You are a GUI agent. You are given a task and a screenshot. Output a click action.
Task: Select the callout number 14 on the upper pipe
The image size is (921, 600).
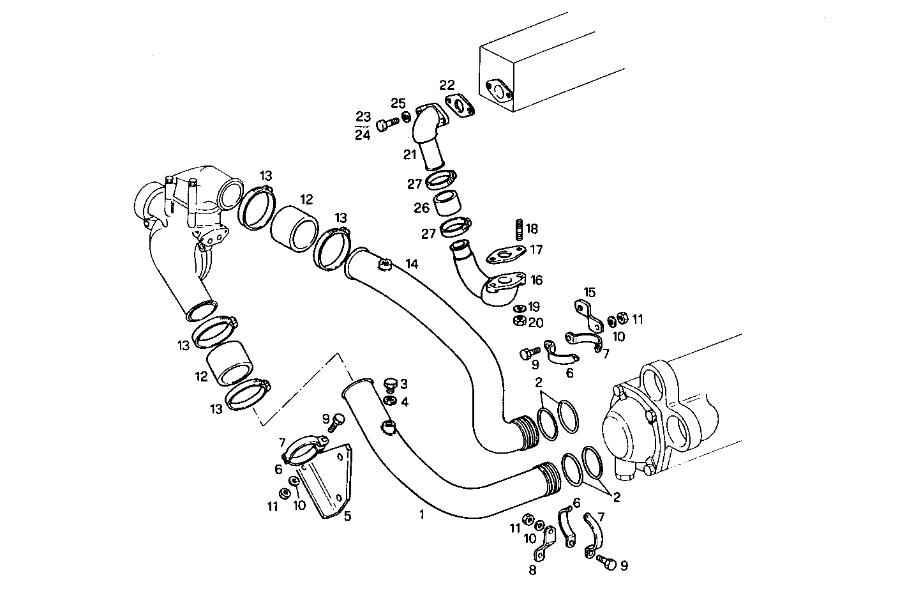click(x=412, y=263)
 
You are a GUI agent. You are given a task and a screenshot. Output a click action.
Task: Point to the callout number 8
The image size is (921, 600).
click(x=533, y=570)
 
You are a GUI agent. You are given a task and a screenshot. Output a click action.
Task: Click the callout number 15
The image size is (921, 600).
click(x=589, y=292)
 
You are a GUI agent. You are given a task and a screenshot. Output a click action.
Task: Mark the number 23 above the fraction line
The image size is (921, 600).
click(x=363, y=117)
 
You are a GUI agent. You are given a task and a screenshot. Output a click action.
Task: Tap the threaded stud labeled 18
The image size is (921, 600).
click(x=518, y=228)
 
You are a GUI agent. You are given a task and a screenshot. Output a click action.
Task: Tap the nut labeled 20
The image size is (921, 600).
click(x=520, y=321)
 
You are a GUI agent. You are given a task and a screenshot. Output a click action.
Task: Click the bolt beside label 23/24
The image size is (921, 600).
click(x=383, y=125)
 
